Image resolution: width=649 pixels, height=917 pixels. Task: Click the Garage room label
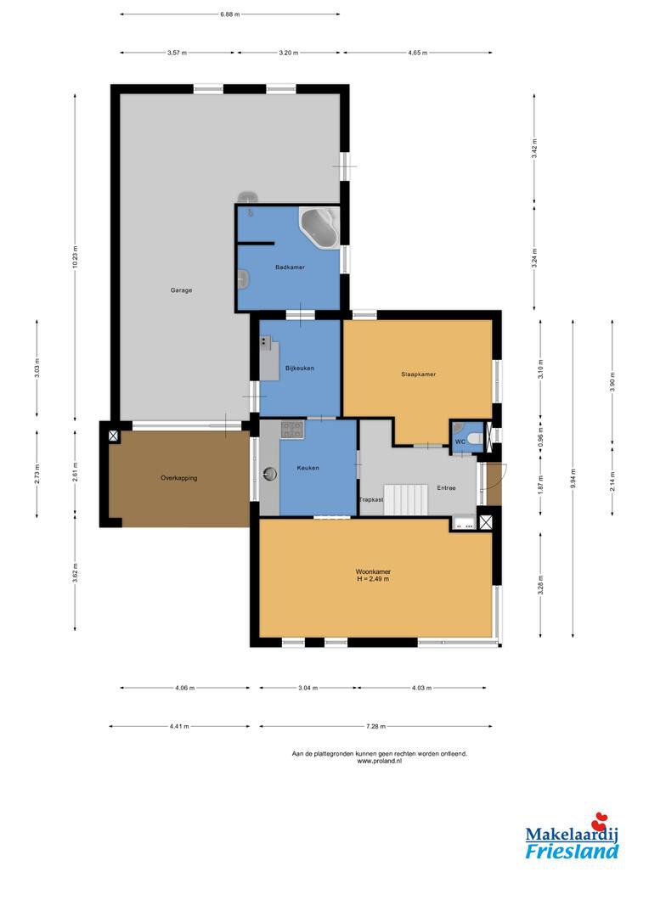pos(182,290)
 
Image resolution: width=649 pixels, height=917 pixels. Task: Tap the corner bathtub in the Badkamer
pos(319,227)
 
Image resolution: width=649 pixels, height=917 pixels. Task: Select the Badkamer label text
pos(291,267)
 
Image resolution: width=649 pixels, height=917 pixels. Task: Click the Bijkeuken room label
pos(300,368)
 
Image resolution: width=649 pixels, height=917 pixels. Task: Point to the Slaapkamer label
pos(419,374)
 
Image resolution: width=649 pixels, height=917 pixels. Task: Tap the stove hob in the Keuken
pos(292,430)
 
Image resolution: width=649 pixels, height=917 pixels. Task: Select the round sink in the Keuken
pos(270,473)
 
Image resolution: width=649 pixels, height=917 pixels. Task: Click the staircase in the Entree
pos(407,500)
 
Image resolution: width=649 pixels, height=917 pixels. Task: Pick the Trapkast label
pos(371,500)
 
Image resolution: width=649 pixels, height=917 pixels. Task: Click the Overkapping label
pos(179,478)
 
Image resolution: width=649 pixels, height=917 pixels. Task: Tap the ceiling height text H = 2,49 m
pos(374,579)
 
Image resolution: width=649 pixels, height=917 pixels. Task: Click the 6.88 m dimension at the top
pos(230,14)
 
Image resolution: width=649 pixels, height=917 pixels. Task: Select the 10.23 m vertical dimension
pos(75,257)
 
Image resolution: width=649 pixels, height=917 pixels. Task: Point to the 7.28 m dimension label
pos(375,726)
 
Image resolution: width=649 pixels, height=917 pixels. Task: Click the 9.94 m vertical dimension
pos(573,479)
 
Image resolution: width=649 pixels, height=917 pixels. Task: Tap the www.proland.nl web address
pos(379,762)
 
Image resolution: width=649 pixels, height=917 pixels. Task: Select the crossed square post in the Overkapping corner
pos(113,435)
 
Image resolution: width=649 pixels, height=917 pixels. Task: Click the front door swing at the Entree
pos(495,484)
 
